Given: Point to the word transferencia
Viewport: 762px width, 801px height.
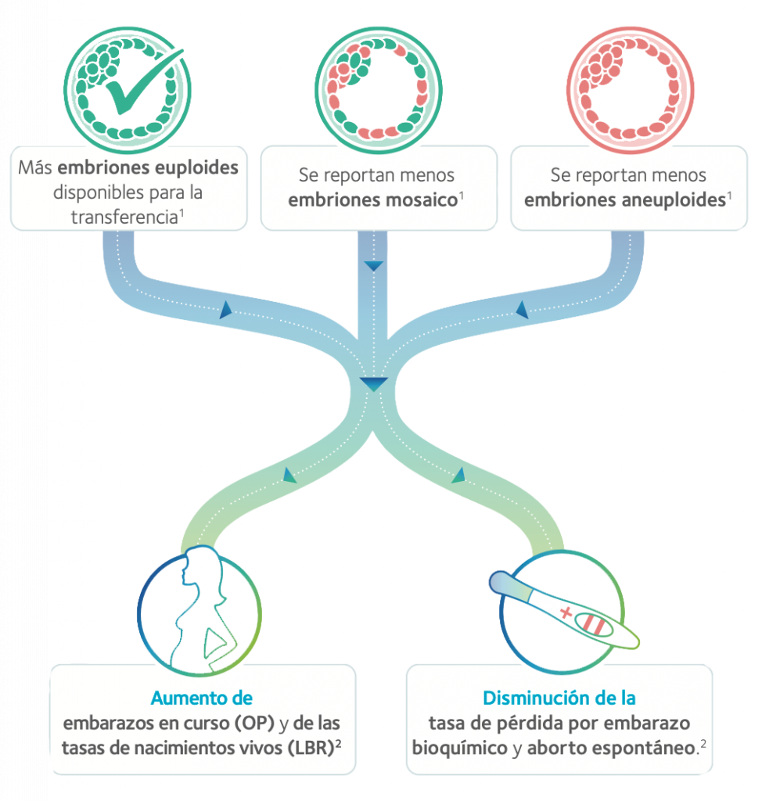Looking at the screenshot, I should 128,216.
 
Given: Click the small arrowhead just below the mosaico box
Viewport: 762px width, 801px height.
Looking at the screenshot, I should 373,266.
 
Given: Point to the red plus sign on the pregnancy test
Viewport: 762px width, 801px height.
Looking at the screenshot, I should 565,612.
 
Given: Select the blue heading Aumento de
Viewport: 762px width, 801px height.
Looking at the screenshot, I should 201,697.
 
